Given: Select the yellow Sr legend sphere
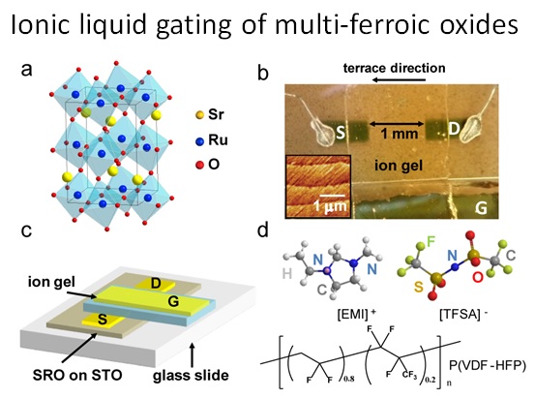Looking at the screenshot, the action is point(200,115).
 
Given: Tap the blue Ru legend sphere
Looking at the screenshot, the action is point(200,140).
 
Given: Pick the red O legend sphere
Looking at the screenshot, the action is point(200,166).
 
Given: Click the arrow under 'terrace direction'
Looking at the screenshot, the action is point(400,80).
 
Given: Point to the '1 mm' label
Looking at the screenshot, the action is point(399,134).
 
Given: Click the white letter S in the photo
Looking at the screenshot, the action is point(341,133).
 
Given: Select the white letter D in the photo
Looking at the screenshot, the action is point(454,128).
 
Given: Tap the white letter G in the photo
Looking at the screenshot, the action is point(481,207).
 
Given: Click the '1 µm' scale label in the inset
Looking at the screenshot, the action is point(330,206).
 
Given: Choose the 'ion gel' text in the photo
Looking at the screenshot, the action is point(399,166).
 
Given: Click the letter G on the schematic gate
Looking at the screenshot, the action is point(173,301).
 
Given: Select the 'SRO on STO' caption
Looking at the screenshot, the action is point(77,375).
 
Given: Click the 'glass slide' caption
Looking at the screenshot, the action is point(191,376).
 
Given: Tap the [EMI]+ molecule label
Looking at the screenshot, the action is point(356,313).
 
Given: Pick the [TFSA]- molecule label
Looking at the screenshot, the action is point(463,314).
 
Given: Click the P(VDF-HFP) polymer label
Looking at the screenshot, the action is point(488,365).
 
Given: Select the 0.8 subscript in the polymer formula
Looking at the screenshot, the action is point(348,379).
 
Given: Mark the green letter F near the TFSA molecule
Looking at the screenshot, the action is point(431,242).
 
